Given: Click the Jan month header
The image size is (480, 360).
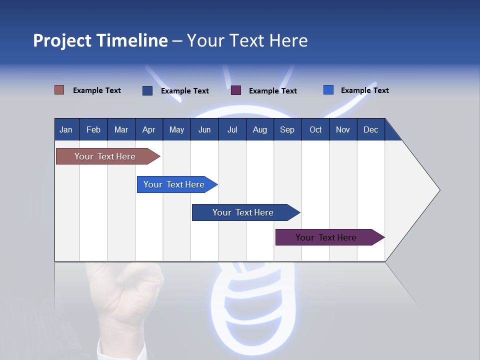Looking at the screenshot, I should pos(66,129).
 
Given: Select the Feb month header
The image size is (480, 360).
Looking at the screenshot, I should pos(93,129).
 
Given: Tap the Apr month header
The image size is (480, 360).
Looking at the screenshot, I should pos(148,129).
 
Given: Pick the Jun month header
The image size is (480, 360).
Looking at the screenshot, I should pos(204,129).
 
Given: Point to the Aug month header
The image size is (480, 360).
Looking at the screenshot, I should pos(259,129).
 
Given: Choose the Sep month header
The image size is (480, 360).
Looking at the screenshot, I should pos(287,129).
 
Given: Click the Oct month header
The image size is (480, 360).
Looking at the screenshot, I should pos(315,129).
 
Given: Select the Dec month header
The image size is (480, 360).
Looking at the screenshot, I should pos(370,129).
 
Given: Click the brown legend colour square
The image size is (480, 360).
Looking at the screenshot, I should pos(59,90).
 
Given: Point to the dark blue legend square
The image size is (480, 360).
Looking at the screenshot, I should pos(147,90).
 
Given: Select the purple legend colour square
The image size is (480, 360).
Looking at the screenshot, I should pos(236,90).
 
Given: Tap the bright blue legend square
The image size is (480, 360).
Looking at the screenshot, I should pos(328,90).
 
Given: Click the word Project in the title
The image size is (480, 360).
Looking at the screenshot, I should pos(62,40).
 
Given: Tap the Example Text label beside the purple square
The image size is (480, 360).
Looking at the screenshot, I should pos(273,91).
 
